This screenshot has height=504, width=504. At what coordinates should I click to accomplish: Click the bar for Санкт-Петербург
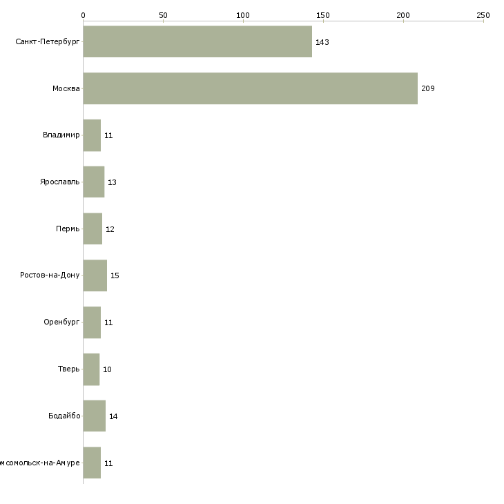point(197,41)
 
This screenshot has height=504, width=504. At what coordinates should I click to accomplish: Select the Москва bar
point(250,88)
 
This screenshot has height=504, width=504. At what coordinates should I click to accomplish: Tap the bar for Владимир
point(92,135)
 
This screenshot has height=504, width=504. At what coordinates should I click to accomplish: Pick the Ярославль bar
point(93,182)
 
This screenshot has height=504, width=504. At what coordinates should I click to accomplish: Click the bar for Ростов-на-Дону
point(95,275)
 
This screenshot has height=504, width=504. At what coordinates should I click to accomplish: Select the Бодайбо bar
point(94,416)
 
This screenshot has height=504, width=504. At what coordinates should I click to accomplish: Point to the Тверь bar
point(91,369)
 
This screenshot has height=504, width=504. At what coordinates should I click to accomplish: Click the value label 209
point(428,89)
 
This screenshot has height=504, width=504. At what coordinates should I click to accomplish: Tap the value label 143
point(322,42)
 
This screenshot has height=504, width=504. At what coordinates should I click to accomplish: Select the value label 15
point(115,276)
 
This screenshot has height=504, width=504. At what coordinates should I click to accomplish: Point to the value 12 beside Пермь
point(110,229)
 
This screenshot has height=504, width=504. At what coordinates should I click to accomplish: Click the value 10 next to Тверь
point(107,370)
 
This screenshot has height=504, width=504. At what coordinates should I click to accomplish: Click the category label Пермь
point(68,229)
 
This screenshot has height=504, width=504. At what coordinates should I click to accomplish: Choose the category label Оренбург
point(61,322)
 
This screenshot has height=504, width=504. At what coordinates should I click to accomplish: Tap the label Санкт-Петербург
point(48,42)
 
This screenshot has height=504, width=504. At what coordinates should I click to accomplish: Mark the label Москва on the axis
point(66,89)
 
